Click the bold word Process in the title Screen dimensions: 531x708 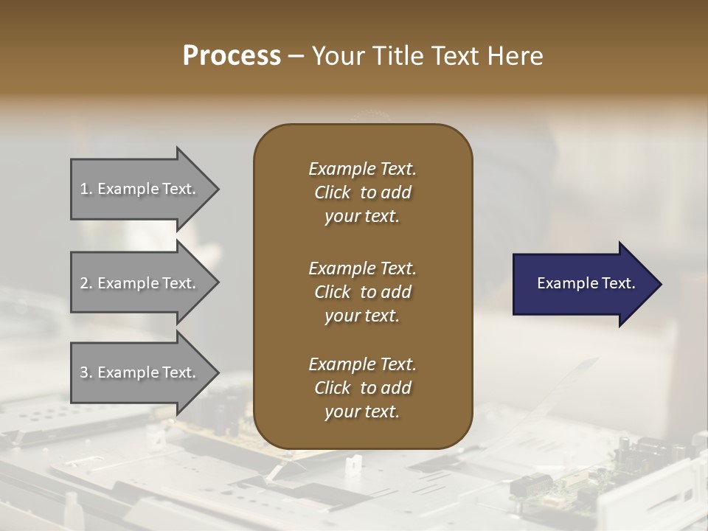tap(232, 56)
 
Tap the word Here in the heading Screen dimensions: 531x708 tap(516, 56)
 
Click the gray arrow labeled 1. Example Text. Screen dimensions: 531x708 tap(140, 190)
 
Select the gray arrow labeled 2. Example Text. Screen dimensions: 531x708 tap(140, 283)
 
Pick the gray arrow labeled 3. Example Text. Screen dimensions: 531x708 tap(140, 372)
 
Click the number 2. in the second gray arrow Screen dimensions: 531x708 tap(86, 283)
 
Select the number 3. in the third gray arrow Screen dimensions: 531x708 tap(86, 372)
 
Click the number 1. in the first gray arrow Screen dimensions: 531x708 tap(86, 190)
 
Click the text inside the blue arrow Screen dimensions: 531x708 tap(586, 283)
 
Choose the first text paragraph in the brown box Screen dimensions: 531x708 tap(362, 192)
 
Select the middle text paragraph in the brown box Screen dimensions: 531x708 tap(362, 292)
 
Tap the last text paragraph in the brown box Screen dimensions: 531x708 tap(362, 388)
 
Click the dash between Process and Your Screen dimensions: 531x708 tap(296, 57)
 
